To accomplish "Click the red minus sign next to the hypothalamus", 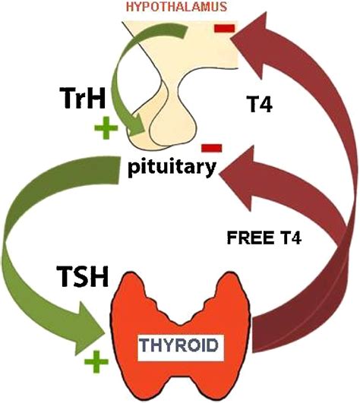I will pyautogui.click(x=226, y=30).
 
